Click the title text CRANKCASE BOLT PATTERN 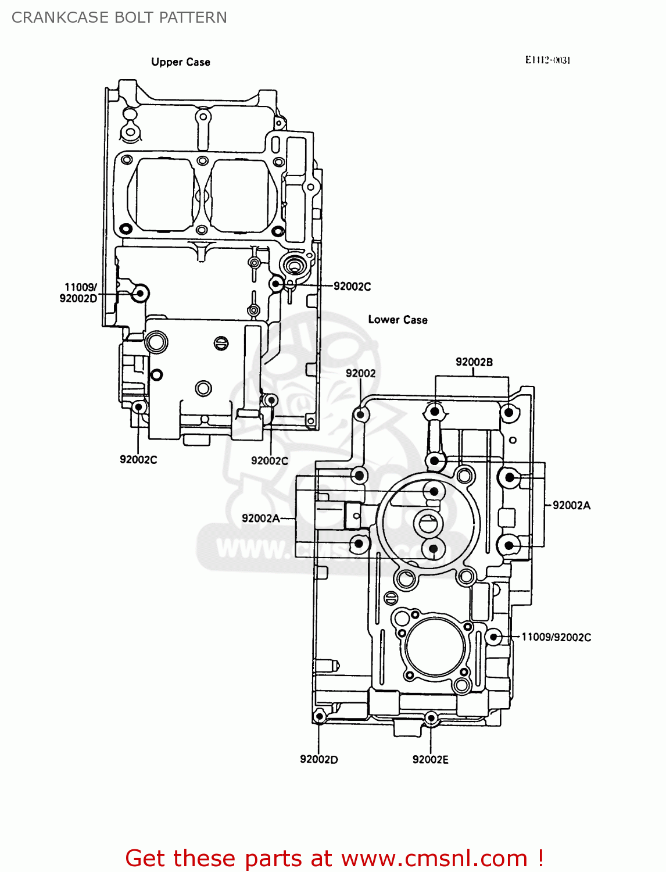tap(119, 17)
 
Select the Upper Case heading tap(180, 62)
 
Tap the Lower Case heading tap(398, 320)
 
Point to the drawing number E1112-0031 tap(547, 60)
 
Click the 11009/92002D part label tap(78, 293)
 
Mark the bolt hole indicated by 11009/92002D tap(139, 294)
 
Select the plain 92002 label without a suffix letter tap(360, 373)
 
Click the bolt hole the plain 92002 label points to tap(361, 414)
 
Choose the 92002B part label tap(474, 362)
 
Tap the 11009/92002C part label tap(556, 637)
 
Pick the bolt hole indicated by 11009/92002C tap(493, 637)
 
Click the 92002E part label tap(430, 759)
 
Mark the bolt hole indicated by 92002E tap(431, 718)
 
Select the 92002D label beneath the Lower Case tap(318, 759)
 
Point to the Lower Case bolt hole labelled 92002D tap(319, 717)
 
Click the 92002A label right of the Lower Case tap(571, 506)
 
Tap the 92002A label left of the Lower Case tap(260, 519)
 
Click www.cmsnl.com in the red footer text tap(434, 859)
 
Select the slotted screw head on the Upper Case tap(221, 342)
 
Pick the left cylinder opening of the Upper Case tap(164, 194)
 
